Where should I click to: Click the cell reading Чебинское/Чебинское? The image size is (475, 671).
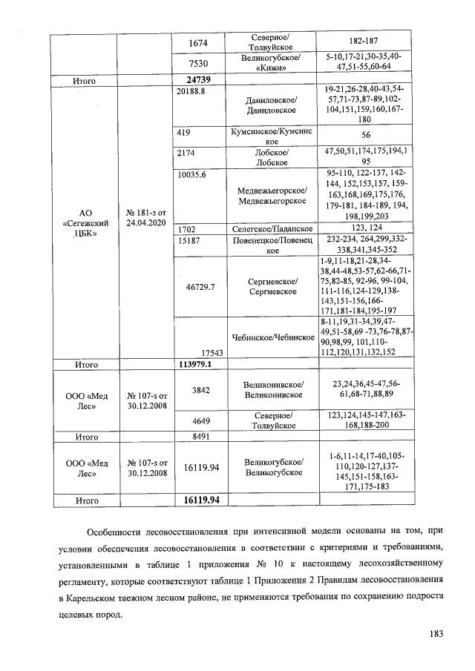click(273, 337)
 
